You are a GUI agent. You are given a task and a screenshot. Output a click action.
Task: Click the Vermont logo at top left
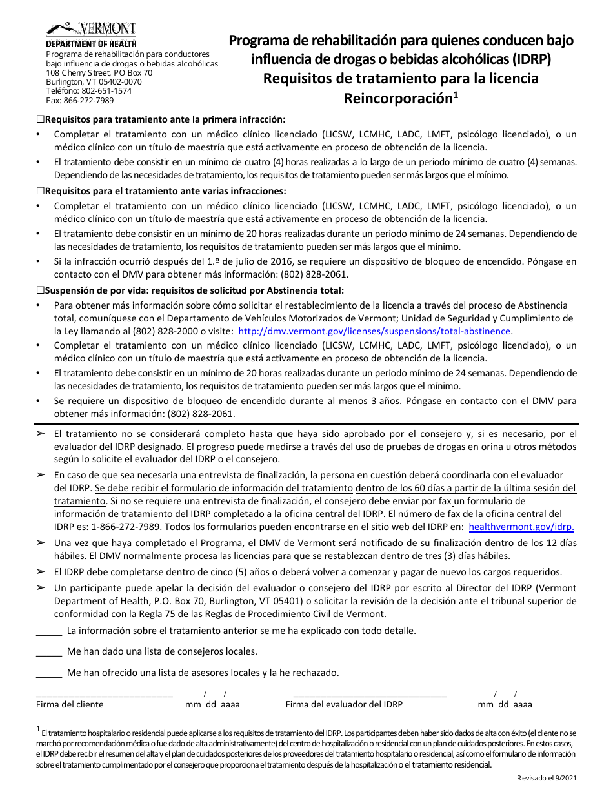point(91,29)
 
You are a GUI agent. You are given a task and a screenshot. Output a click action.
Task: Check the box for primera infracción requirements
point(40,119)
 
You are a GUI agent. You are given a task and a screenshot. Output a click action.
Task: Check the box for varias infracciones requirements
point(40,191)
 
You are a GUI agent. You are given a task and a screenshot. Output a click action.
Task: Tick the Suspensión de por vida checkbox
point(40,290)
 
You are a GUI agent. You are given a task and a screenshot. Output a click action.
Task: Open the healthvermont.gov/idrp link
point(521,527)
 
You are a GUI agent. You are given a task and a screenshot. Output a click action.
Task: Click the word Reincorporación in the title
point(396,99)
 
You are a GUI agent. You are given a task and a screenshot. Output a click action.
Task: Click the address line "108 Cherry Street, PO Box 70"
point(99,73)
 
